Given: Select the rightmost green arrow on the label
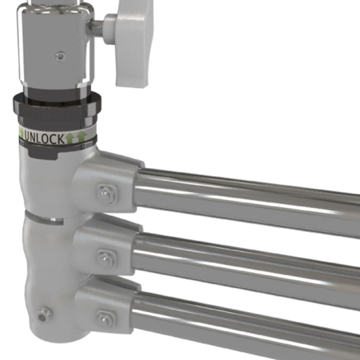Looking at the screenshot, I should [x=82, y=136].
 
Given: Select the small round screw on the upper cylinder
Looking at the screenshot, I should [x=60, y=56].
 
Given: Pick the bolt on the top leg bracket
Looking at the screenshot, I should [x=107, y=194].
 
